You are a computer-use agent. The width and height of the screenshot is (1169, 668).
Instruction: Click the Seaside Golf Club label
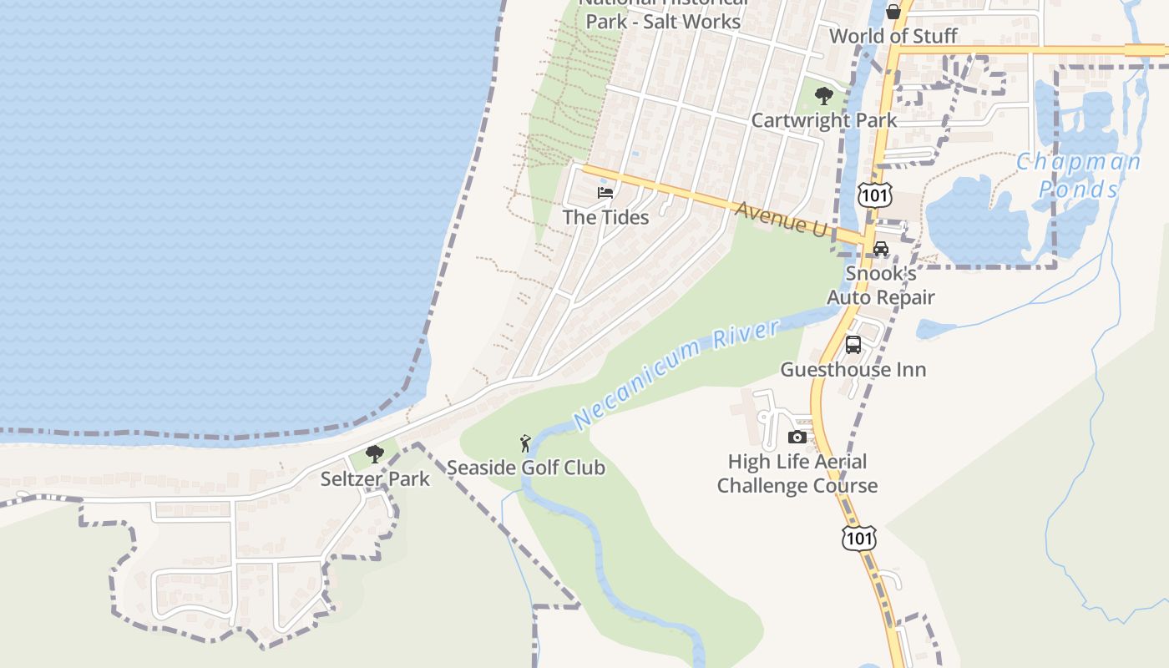tap(525, 467)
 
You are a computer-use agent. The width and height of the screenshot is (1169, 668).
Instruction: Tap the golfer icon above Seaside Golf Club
tap(524, 443)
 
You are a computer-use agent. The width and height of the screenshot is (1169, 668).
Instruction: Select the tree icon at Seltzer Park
tap(375, 454)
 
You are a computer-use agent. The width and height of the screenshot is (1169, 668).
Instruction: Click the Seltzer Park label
tap(375, 478)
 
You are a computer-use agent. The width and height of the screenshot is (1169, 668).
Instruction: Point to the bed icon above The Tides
tap(605, 193)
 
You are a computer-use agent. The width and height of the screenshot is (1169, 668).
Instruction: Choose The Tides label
tap(605, 217)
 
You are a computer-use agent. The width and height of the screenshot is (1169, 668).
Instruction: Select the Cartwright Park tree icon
tap(824, 96)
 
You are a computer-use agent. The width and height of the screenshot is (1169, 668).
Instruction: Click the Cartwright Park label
tap(824, 120)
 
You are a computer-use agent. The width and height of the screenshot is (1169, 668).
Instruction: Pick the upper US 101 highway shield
tap(874, 195)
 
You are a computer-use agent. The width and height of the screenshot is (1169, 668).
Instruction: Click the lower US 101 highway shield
tap(859, 538)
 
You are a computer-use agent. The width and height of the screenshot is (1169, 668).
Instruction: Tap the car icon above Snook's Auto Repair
tap(881, 249)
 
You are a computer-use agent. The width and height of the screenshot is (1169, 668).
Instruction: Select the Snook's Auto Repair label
tap(881, 286)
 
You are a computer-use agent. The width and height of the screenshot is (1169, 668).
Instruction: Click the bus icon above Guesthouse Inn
tap(853, 345)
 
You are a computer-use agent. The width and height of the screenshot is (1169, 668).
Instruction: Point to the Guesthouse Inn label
tap(853, 369)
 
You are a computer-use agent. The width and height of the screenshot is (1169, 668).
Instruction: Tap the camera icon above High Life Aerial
tap(797, 437)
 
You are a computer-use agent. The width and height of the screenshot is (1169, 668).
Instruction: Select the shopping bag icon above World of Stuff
tap(893, 12)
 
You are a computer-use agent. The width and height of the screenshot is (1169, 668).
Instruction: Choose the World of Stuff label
tap(893, 36)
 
